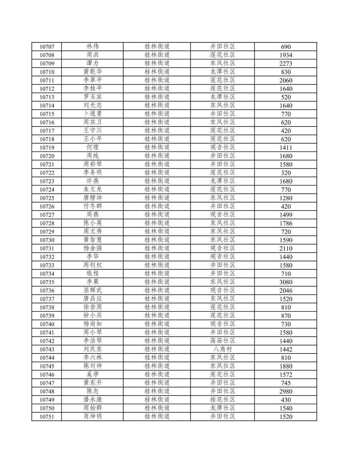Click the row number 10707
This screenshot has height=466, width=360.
(x=47, y=47)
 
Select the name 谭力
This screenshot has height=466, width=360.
(x=93, y=63)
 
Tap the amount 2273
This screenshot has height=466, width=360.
(x=285, y=64)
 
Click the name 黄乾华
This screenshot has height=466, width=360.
(x=93, y=72)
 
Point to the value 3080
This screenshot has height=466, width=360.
(x=285, y=282)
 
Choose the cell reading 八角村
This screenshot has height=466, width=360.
(x=223, y=349)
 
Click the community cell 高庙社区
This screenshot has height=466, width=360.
(x=223, y=341)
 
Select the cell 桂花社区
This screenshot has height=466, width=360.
(x=223, y=399)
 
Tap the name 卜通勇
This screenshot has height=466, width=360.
(x=93, y=114)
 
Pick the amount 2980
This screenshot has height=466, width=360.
(x=285, y=391)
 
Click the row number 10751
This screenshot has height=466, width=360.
(x=47, y=416)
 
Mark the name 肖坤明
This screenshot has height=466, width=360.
(x=93, y=416)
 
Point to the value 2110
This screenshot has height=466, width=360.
(x=285, y=248)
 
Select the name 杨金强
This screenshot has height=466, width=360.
(x=93, y=248)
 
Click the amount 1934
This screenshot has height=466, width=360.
(x=285, y=55)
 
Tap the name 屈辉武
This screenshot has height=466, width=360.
(x=93, y=290)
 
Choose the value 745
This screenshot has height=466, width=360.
(x=285, y=383)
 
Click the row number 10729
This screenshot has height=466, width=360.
(x=47, y=232)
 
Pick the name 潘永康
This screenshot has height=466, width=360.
(x=93, y=399)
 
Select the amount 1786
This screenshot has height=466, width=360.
(x=285, y=223)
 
